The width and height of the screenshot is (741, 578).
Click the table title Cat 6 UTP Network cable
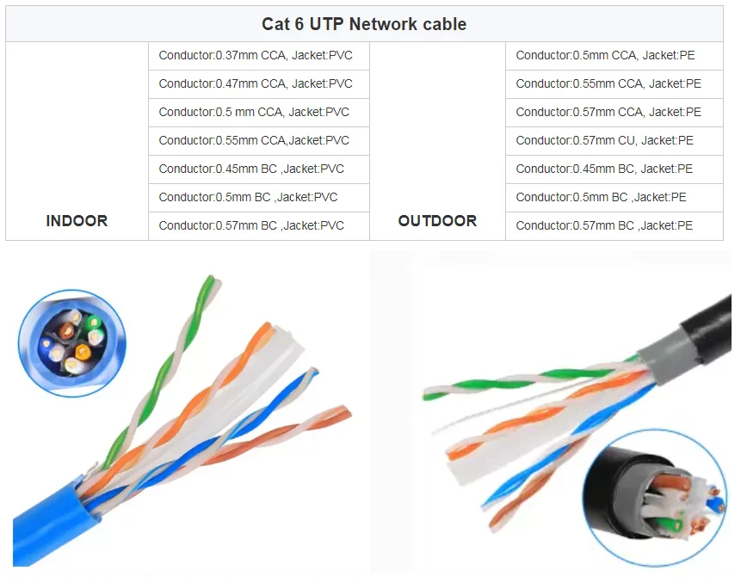tap(364, 24)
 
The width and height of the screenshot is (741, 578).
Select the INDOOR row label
tap(77, 221)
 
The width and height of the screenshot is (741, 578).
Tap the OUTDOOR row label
tap(437, 221)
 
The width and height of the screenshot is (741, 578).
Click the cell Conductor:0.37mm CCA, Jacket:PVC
tap(256, 55)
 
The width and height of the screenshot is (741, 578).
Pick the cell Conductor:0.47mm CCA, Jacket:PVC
tap(256, 83)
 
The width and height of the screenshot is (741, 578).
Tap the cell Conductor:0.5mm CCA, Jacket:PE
tap(605, 55)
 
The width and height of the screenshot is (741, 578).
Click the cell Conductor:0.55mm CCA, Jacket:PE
tap(608, 83)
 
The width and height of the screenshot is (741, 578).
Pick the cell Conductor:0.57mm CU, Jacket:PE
tap(604, 140)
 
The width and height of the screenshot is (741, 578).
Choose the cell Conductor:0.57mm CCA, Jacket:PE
tap(608, 112)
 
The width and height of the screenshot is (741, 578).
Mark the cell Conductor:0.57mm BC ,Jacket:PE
tap(604, 225)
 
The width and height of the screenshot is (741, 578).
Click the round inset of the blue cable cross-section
tap(71, 342)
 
